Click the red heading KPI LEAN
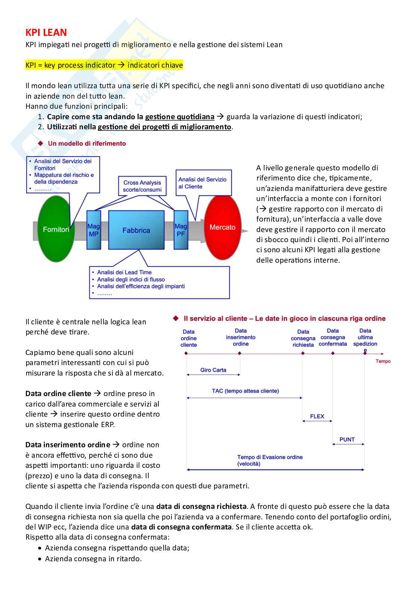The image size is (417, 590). click(x=46, y=33)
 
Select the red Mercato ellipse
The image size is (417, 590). click(x=223, y=227)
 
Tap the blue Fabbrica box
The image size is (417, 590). click(x=136, y=230)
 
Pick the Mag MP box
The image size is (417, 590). click(x=93, y=230)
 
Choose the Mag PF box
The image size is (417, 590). click(x=181, y=230)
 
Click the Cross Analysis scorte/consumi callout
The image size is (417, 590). click(x=142, y=186)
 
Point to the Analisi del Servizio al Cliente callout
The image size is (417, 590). click(x=203, y=183)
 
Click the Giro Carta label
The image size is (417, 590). click(x=213, y=370)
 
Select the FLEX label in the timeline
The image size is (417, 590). click(x=317, y=416)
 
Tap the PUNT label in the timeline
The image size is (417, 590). click(x=347, y=439)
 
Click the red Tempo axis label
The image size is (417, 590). click(x=383, y=361)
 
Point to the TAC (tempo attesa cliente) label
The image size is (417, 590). click(x=245, y=391)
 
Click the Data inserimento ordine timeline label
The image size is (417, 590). click(x=241, y=337)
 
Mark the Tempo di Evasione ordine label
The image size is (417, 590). click(x=269, y=460)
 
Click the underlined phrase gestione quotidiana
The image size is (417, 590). click(x=179, y=117)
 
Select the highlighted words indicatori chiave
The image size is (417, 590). click(x=155, y=65)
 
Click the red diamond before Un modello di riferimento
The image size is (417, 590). click(x=41, y=143)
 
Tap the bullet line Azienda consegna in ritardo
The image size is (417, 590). click(x=93, y=559)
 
